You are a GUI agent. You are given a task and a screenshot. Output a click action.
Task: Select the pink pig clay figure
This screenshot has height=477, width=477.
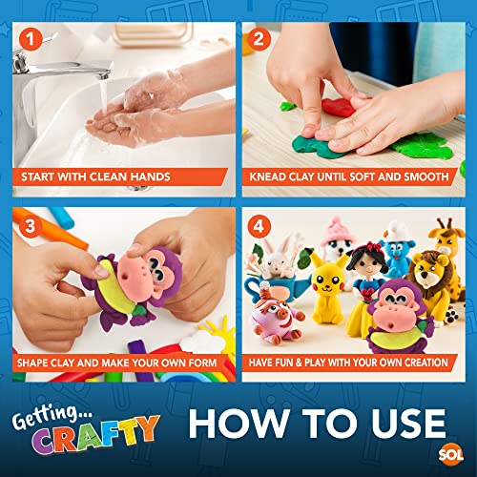[x=284, y=324]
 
